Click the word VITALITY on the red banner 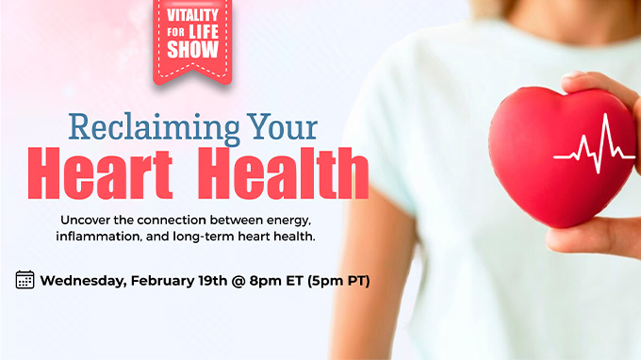(x=192, y=15)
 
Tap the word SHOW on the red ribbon (x=192, y=49)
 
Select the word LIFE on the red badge (x=204, y=32)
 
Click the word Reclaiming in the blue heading (x=154, y=128)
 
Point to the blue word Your (x=282, y=126)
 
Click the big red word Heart (x=100, y=172)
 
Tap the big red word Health (x=283, y=172)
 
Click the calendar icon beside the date (x=25, y=280)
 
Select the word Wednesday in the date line (x=83, y=281)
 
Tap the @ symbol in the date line (x=238, y=281)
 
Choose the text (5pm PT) (x=338, y=281)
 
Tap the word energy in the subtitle (x=288, y=221)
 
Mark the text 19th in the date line (x=213, y=281)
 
